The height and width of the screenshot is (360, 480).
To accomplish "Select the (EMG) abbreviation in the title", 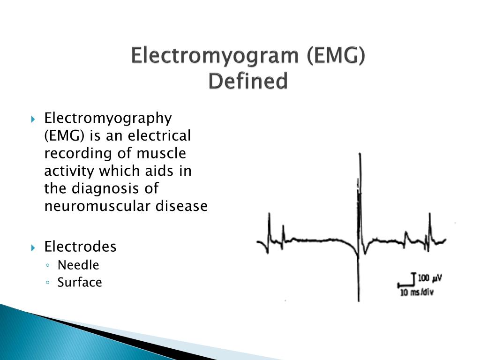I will [x=335, y=56].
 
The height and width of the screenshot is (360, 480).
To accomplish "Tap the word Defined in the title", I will [x=248, y=81].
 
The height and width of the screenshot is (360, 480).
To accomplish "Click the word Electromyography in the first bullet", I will [x=108, y=119].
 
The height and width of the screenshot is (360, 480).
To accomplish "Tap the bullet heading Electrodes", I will [x=80, y=247].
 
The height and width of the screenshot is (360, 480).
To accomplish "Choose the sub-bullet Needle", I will [x=78, y=265].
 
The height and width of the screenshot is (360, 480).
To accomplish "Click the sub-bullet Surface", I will [x=80, y=282].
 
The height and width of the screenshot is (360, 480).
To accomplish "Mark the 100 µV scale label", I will [x=430, y=278].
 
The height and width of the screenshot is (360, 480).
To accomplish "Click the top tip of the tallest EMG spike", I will [x=360, y=153].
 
